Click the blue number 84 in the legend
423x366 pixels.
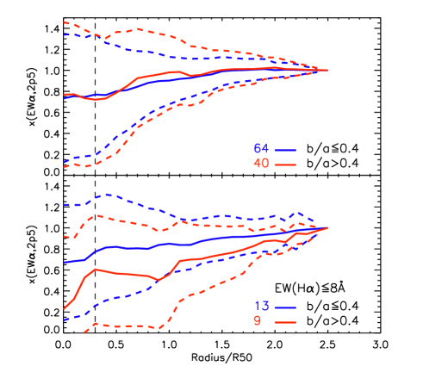(261, 148)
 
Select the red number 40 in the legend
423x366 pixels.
(261, 164)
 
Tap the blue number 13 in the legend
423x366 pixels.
(261, 307)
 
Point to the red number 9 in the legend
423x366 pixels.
(257, 321)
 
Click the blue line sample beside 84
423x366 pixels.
(285, 148)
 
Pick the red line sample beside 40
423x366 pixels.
(285, 164)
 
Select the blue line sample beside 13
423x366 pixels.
(285, 307)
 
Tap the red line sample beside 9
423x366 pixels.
(285, 321)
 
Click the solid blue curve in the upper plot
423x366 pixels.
(172, 81)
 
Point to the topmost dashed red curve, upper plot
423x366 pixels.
(138, 29)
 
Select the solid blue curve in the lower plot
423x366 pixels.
(129, 248)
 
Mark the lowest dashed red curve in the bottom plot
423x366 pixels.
(129, 326)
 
